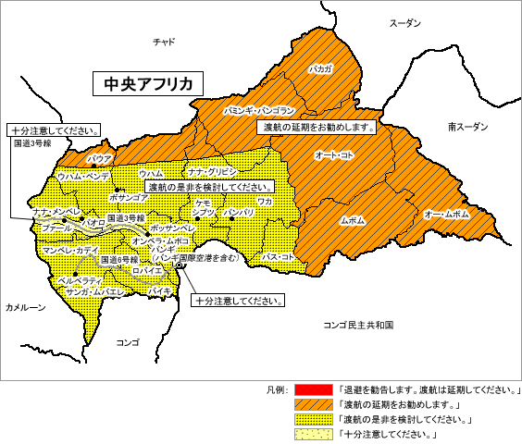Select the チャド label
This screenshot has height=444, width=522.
click(x=164, y=41)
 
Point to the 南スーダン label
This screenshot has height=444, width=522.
click(x=466, y=126)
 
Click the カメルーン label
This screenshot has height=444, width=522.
click(x=25, y=308)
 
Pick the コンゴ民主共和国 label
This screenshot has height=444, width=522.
click(x=359, y=326)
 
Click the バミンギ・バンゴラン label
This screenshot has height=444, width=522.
click(x=259, y=110)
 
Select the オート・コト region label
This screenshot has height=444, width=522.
click(x=334, y=155)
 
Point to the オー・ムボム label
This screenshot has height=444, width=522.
click(x=446, y=215)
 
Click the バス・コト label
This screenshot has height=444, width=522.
click(x=278, y=256)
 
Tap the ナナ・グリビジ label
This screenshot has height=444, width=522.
click(x=213, y=172)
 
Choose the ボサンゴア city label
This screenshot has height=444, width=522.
click(x=129, y=197)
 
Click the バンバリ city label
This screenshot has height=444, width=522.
click(x=239, y=213)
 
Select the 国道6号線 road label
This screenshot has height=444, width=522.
click(x=119, y=260)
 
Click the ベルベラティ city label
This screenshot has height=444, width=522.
click(x=80, y=278)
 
